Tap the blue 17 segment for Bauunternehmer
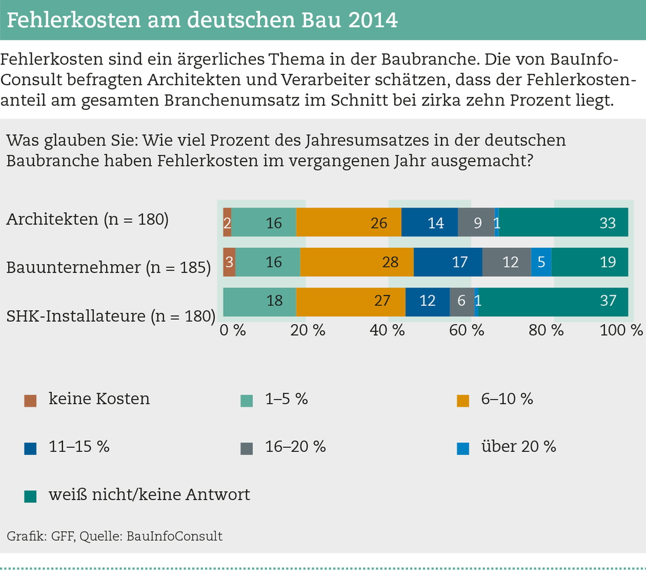tap(448, 262)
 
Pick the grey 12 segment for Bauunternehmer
tap(507, 262)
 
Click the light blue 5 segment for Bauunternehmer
tap(541, 262)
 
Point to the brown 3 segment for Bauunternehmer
tap(229, 262)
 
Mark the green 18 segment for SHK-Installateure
tap(260, 302)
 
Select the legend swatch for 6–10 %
tap(463, 400)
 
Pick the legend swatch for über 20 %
tap(463, 448)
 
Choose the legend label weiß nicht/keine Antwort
tap(150, 495)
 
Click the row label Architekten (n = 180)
tap(88, 220)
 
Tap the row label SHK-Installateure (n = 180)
tap(111, 315)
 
